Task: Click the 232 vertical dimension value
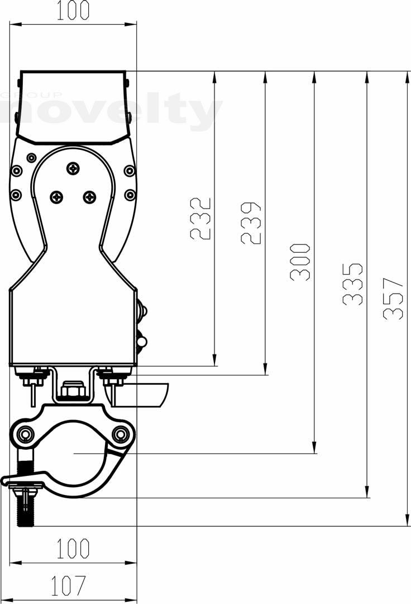200,219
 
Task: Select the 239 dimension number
251,223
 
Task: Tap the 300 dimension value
300,262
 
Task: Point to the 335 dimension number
352,284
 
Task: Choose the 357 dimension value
393,299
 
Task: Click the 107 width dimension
69,586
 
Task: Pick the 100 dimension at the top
73,11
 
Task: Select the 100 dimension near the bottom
73,549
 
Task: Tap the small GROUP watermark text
31,95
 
